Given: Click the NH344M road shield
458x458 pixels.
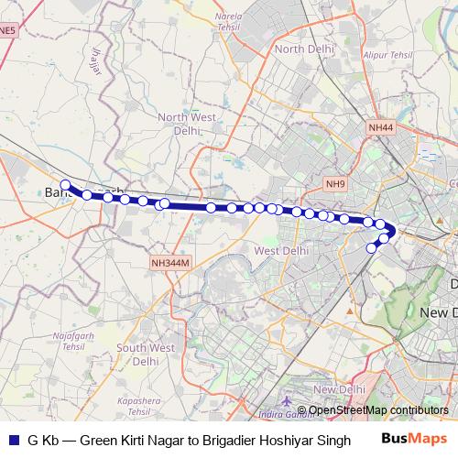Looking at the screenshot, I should pos(171,263).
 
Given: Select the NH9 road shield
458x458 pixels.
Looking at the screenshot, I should pos(336,185).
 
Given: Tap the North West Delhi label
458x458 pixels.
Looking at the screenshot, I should pos(185,124).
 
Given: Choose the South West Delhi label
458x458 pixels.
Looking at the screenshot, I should pos(145,354).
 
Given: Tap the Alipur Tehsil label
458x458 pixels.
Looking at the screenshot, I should pos(388,54).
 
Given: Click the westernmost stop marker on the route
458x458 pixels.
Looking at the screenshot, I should pos(65,185).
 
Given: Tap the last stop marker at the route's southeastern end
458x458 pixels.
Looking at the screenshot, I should pos(372,247).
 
